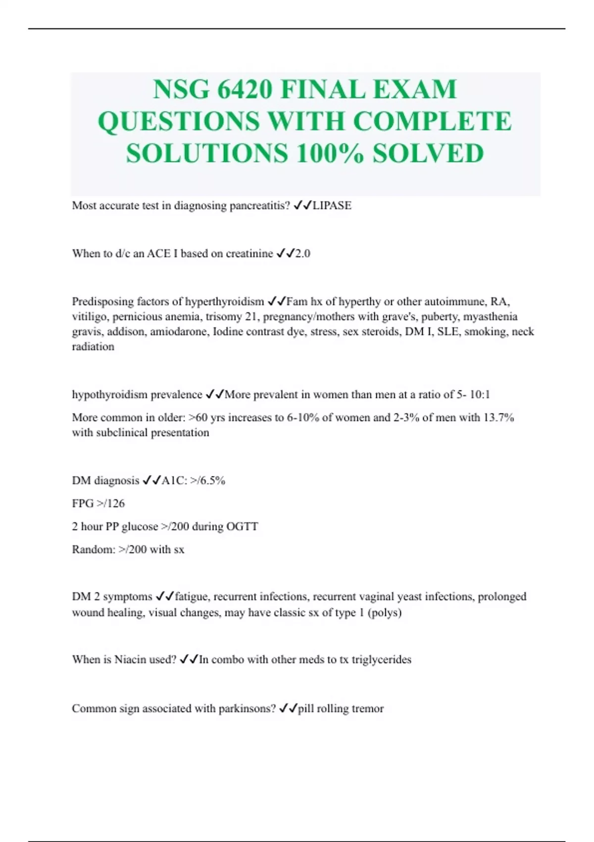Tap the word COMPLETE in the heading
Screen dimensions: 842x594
pyautogui.click(x=433, y=121)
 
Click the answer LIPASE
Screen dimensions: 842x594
pyautogui.click(x=332, y=206)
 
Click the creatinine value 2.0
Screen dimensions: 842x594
pyautogui.click(x=302, y=254)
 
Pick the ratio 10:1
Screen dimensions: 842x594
pyautogui.click(x=480, y=395)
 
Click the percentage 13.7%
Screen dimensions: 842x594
pyautogui.click(x=498, y=418)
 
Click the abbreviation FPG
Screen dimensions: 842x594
pyautogui.click(x=83, y=503)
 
